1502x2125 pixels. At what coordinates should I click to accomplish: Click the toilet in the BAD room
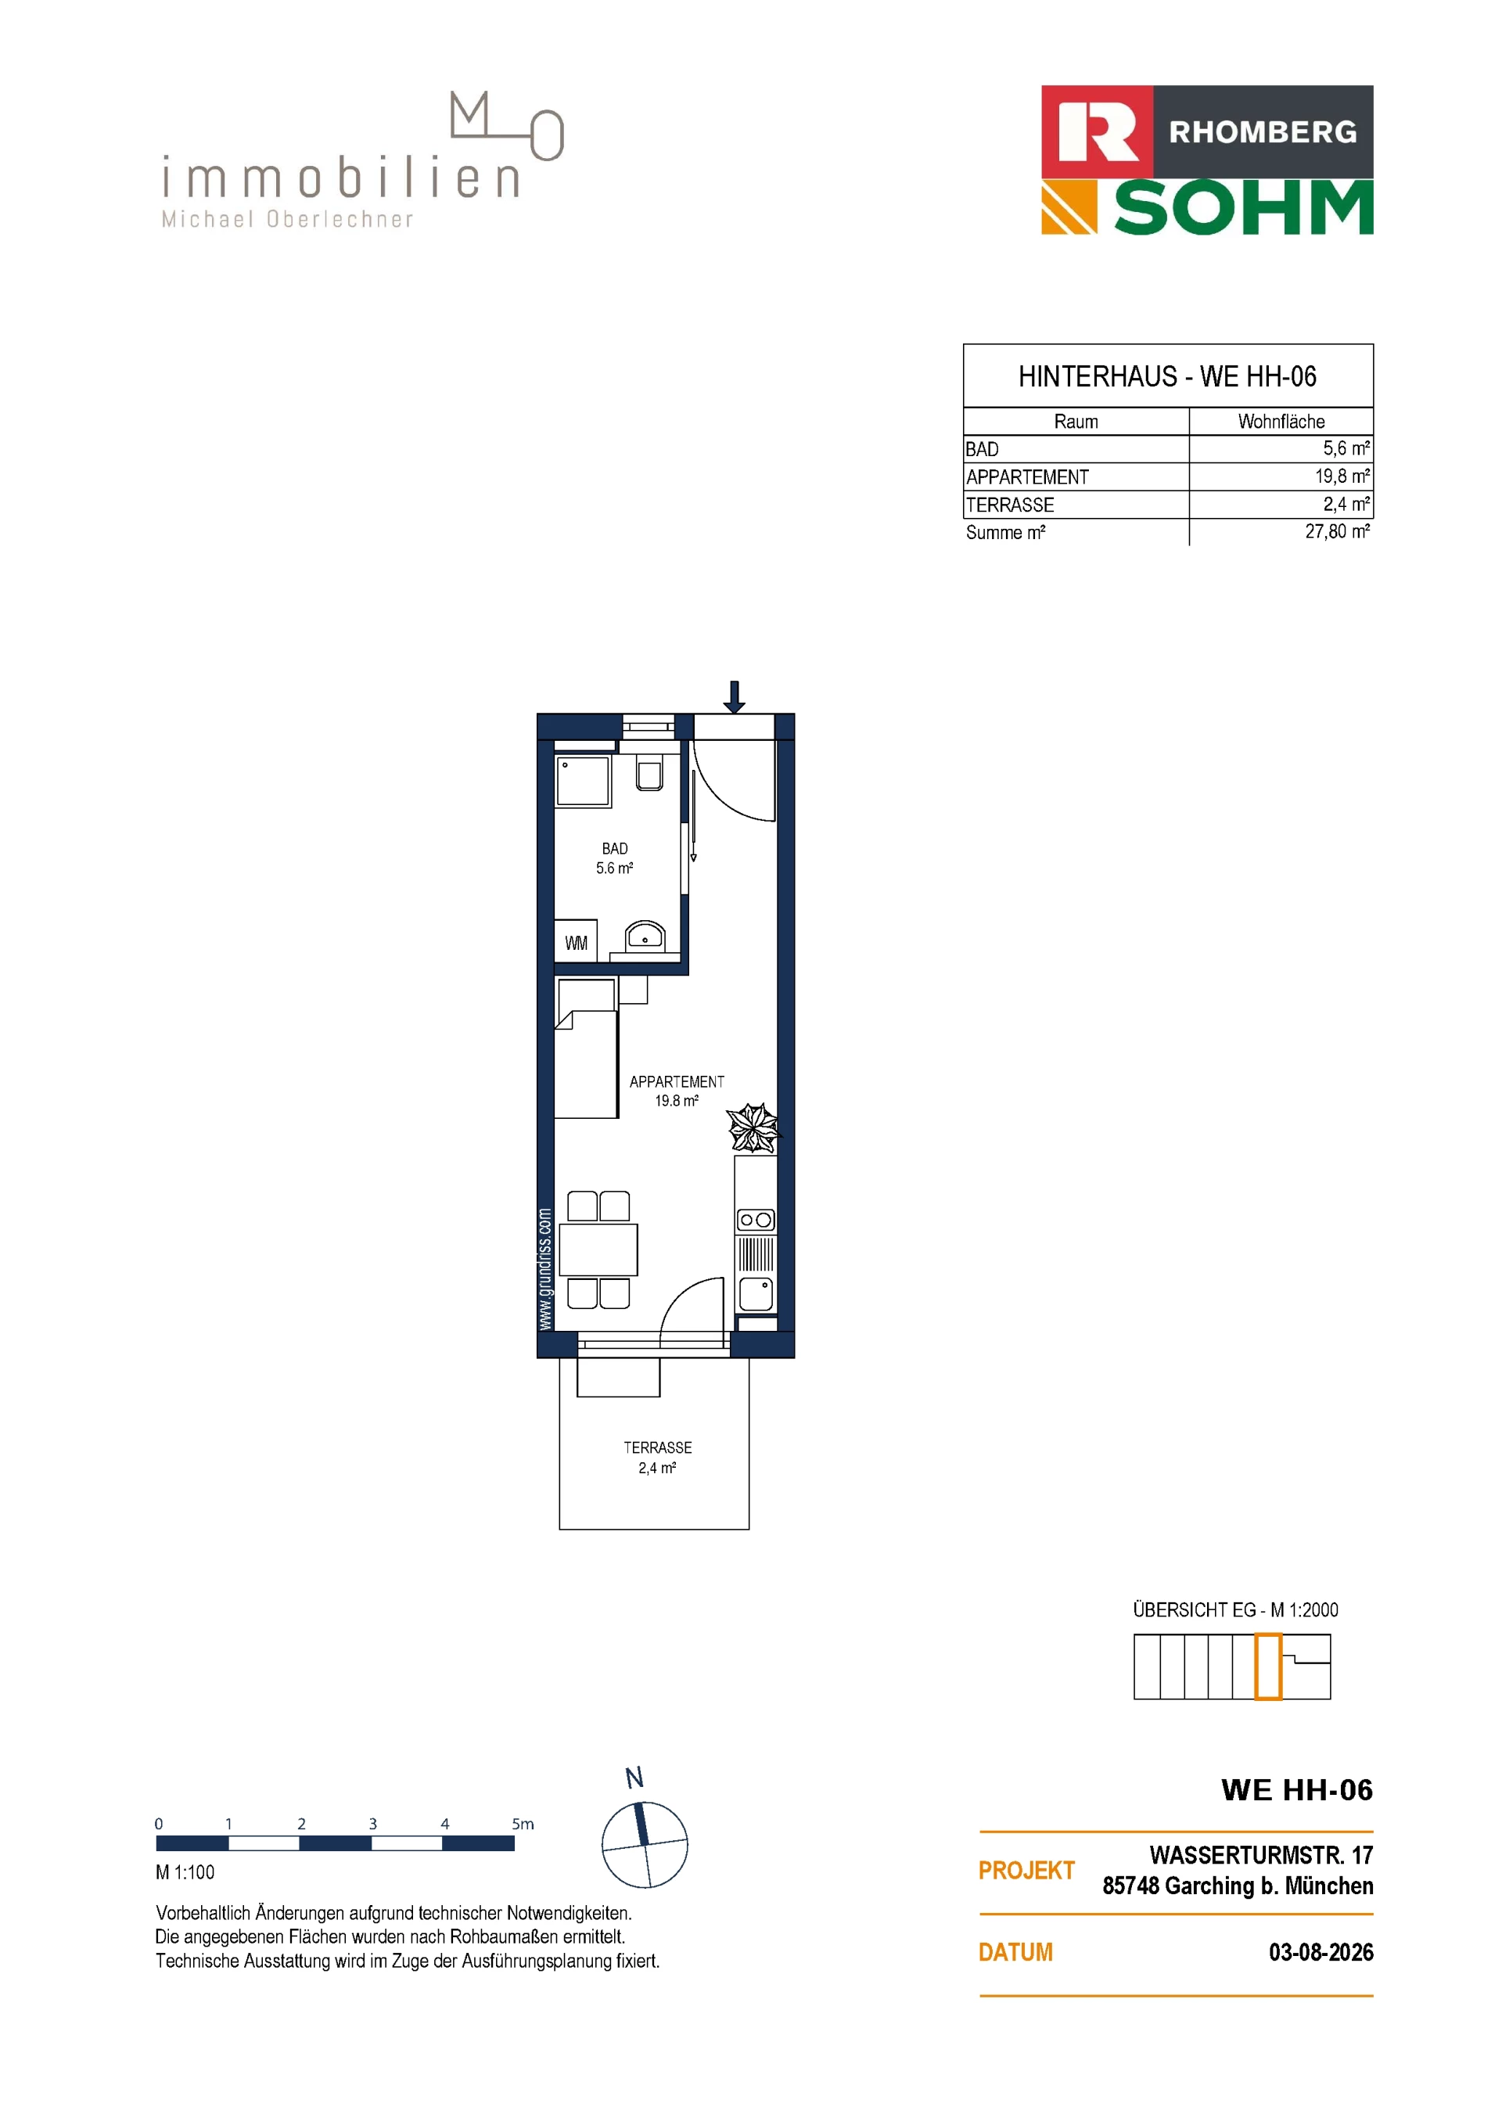pyautogui.click(x=649, y=774)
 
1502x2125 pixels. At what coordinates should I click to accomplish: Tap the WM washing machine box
pyautogui.click(x=576, y=942)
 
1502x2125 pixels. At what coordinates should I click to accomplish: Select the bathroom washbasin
pyautogui.click(x=645, y=936)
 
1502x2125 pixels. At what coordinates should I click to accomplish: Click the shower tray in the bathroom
pyautogui.click(x=583, y=781)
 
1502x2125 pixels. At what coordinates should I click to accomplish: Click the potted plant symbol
pyautogui.click(x=753, y=1127)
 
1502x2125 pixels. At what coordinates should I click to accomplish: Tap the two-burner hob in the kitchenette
pyautogui.click(x=756, y=1220)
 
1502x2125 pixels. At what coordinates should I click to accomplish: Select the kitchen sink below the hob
pyautogui.click(x=756, y=1294)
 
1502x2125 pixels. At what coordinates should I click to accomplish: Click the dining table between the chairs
pyautogui.click(x=598, y=1249)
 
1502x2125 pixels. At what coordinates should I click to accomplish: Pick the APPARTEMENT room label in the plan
pyautogui.click(x=677, y=1081)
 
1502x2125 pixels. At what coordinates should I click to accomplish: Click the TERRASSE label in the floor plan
pyautogui.click(x=657, y=1447)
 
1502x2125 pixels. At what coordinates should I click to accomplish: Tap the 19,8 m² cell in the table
pyautogui.click(x=1342, y=476)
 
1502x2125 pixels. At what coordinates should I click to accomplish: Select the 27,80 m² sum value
pyautogui.click(x=1337, y=532)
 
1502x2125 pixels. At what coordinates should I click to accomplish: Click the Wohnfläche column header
pyautogui.click(x=1281, y=422)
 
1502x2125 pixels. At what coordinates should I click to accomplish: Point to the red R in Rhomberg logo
pyautogui.click(x=1098, y=131)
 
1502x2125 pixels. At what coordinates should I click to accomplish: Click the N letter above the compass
pyautogui.click(x=634, y=1778)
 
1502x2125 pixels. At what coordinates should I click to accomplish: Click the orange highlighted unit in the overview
pyautogui.click(x=1268, y=1667)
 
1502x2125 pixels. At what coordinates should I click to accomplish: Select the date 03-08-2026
pyautogui.click(x=1321, y=1952)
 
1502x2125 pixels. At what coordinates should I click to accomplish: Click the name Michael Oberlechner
pyautogui.click(x=287, y=219)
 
